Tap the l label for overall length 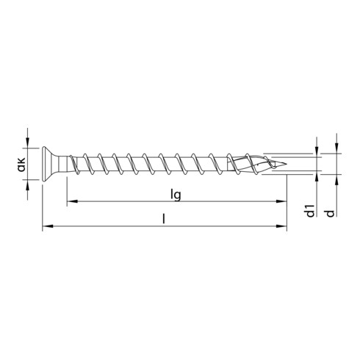point(163,218)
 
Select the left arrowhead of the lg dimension point(71,201)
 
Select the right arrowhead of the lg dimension point(282,201)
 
